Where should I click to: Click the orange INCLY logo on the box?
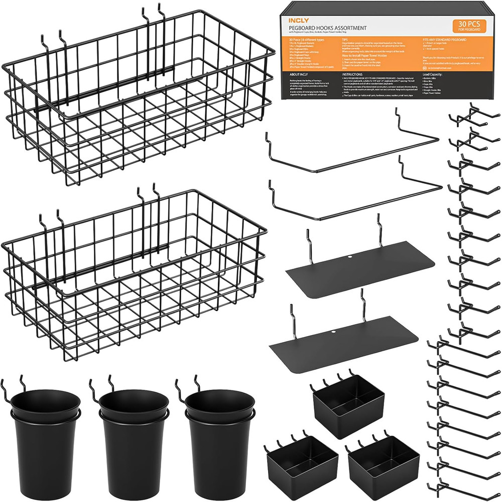[x=296, y=21]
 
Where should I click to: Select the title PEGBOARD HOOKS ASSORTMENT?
[x=327, y=28]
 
